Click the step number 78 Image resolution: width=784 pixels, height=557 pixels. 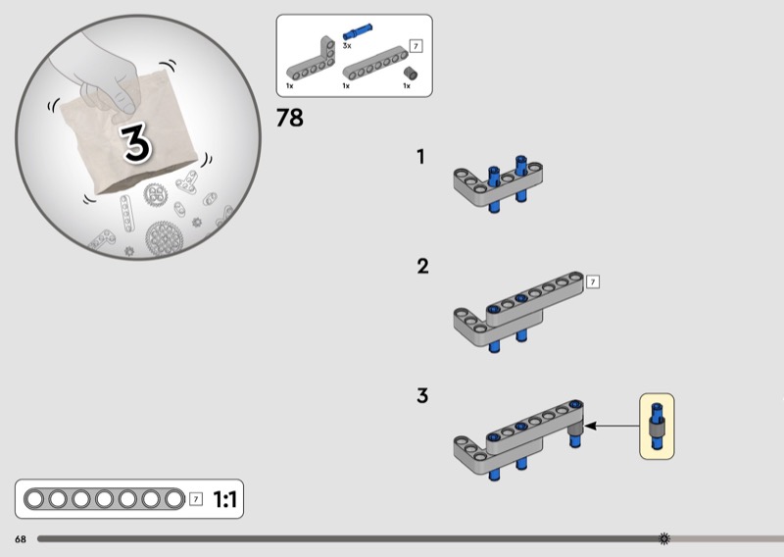pyautogui.click(x=289, y=118)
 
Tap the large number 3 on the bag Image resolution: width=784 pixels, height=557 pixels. pyautogui.click(x=135, y=142)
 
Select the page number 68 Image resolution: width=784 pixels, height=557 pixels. pyautogui.click(x=21, y=539)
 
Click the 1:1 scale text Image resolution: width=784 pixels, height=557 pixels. pyautogui.click(x=224, y=499)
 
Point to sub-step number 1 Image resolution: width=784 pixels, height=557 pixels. pyautogui.click(x=420, y=157)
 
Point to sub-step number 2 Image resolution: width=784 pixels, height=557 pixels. pyautogui.click(x=422, y=266)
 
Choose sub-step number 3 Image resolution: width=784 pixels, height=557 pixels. pyautogui.click(x=422, y=395)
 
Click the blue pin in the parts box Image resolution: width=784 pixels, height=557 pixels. pyautogui.click(x=357, y=31)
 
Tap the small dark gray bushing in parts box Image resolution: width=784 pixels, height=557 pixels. pyautogui.click(x=411, y=74)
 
